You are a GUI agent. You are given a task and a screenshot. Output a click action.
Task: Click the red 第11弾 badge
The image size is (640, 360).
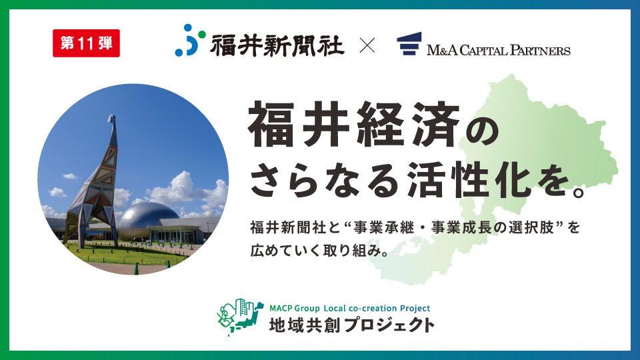pos(86,43)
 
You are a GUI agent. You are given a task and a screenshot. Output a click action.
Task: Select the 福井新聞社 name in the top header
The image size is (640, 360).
pos(277,45)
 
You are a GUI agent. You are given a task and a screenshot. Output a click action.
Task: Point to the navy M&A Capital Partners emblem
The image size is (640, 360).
pos(409,44)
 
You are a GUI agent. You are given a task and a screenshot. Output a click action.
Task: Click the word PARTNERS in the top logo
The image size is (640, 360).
pos(540,50)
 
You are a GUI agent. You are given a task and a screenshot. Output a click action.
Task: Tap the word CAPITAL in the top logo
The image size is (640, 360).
pos(483,50)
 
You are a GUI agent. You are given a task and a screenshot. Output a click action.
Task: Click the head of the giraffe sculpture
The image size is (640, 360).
pos(112,119)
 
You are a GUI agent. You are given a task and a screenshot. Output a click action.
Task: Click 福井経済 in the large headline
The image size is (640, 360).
pos(353,124)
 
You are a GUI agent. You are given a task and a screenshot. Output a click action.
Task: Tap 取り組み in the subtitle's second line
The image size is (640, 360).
pos(351,250)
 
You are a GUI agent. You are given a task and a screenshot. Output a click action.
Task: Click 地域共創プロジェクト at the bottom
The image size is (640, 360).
pos(351,325)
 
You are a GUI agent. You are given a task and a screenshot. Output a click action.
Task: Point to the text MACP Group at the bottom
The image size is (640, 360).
pos(294,308)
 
